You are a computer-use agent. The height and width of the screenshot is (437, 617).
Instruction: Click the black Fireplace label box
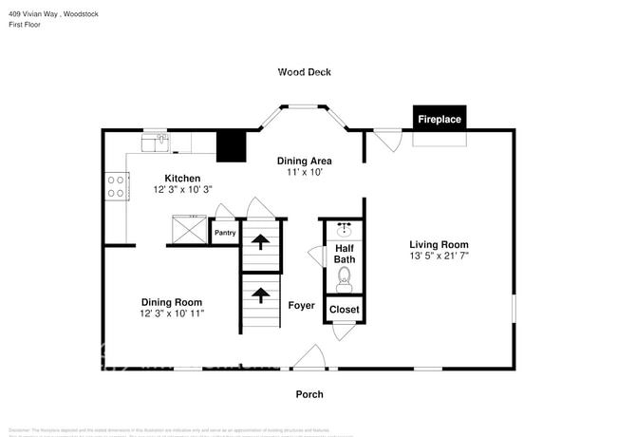[x=441, y=119]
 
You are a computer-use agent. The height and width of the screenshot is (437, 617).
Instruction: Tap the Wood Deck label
[x=304, y=71]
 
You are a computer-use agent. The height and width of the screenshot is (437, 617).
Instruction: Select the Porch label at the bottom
[x=309, y=394]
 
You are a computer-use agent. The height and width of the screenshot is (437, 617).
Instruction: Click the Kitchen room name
[x=182, y=179]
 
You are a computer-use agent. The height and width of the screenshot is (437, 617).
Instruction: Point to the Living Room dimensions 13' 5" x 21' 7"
[x=439, y=256]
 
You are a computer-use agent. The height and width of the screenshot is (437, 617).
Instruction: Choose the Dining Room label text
[x=172, y=301]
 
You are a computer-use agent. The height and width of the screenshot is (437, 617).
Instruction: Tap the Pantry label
[x=225, y=233]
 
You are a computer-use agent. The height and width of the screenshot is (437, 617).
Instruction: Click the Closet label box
[x=344, y=310]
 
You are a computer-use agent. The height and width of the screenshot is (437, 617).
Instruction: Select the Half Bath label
[x=344, y=254]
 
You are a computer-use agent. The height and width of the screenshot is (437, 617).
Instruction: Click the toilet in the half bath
[x=345, y=278]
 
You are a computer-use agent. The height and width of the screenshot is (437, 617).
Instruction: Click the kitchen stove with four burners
[x=117, y=185]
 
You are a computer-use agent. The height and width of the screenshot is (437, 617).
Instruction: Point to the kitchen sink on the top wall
[x=156, y=142]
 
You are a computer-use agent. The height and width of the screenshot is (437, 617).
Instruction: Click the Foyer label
[x=302, y=305]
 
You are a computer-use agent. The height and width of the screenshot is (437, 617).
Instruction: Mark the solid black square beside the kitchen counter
[x=231, y=146]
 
